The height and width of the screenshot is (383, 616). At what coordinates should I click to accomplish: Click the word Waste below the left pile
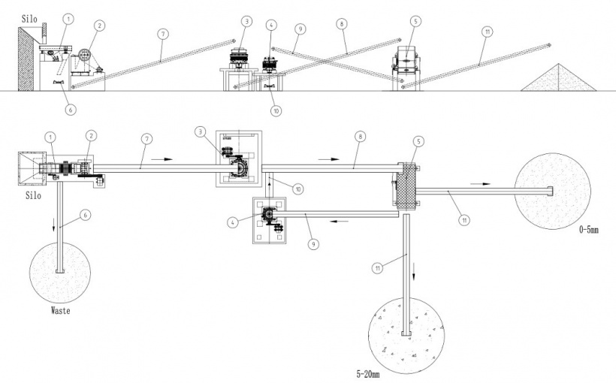pos(59,309)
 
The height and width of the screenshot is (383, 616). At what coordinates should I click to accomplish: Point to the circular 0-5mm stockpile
pos(552,188)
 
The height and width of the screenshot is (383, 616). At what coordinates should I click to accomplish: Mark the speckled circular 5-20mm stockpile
pos(406,333)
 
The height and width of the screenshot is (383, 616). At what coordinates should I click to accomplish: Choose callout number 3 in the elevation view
pos(246,20)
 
